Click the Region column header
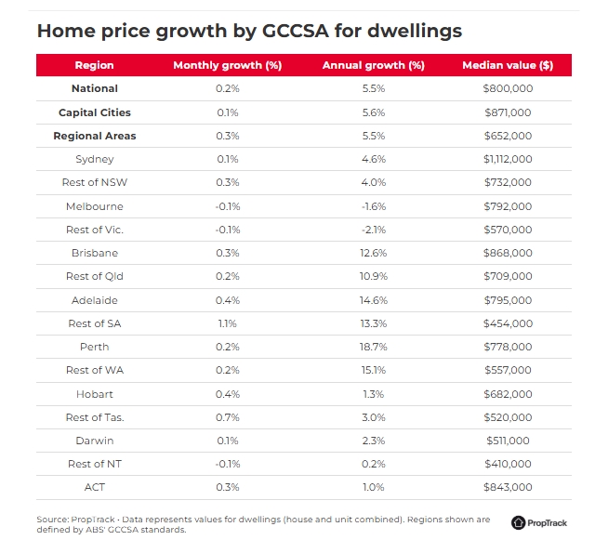pos(94,66)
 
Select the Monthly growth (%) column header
pos(227,66)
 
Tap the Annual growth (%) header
pos(373,66)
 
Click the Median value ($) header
pos(508,66)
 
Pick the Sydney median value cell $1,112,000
pos(508,159)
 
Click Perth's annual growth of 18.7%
pos(373,347)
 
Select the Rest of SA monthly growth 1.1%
pos(227,323)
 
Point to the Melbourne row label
pos(94,206)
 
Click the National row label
pos(94,89)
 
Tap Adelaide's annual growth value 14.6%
pos(373,300)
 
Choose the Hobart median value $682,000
pos(508,394)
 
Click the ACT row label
pos(94,487)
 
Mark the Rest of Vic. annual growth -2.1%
pos(373,230)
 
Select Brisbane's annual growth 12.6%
pos(373,253)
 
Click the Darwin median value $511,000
pos(508,441)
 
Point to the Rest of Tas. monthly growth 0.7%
pos(227,417)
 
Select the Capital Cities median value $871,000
pos(508,112)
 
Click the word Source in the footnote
pos(51,520)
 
